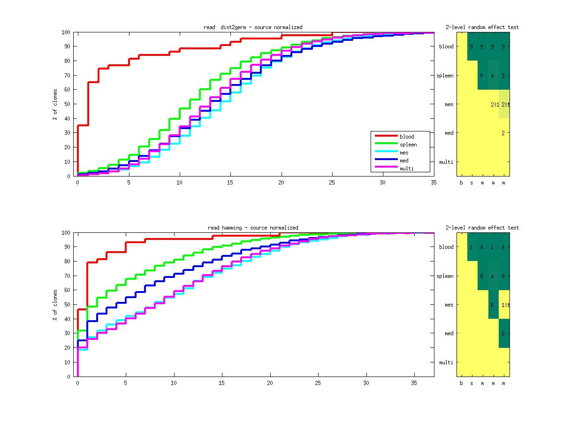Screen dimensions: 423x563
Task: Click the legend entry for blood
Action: [407, 137]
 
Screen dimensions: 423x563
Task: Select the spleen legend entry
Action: [408, 145]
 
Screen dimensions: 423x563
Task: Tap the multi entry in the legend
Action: [406, 169]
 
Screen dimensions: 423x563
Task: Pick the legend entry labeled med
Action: [404, 161]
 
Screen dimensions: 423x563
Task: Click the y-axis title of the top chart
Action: [55, 104]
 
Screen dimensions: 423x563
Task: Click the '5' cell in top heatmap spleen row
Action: [481, 76]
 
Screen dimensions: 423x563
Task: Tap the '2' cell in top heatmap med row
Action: [503, 133]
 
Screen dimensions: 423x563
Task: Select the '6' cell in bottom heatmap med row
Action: [503, 334]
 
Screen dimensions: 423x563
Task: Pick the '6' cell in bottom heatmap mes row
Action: [492, 305]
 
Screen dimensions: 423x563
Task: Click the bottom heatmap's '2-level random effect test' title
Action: [482, 228]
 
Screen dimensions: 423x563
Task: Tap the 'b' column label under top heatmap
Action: [461, 183]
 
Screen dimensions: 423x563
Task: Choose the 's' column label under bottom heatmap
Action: [472, 384]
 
